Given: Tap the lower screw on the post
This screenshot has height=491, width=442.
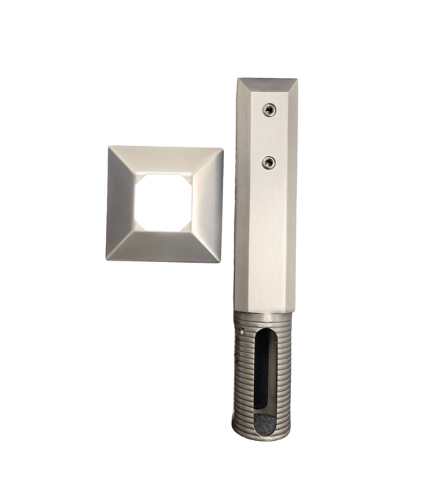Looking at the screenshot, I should point(269,161).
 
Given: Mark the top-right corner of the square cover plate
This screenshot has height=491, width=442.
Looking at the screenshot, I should point(222,150).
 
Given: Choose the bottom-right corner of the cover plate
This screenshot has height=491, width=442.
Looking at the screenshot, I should point(219,261).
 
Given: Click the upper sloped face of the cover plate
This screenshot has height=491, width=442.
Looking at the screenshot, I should point(166,158).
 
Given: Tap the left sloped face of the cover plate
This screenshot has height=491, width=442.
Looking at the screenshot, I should point(121,202).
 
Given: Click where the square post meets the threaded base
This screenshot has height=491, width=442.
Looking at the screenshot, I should point(265,311).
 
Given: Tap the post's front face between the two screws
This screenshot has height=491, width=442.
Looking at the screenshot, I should point(268,135).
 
